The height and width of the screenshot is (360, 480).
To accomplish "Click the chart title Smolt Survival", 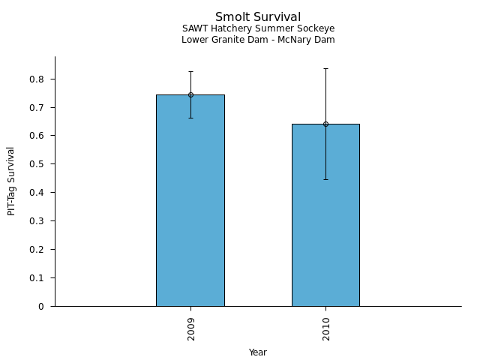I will click(x=258, y=16).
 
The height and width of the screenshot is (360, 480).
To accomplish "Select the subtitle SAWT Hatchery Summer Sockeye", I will click(x=258, y=28).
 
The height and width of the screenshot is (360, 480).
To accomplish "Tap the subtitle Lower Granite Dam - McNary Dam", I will click(x=258, y=40).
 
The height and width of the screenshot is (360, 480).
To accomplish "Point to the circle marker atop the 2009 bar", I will click(x=190, y=94).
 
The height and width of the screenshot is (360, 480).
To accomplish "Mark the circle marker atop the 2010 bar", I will click(x=325, y=124).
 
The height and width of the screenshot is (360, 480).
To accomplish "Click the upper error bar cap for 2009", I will click(x=190, y=71).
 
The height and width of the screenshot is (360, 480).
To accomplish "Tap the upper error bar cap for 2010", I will click(x=325, y=68).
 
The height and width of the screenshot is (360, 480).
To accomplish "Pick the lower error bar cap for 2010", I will click(x=325, y=179).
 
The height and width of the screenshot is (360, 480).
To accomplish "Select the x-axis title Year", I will click(x=258, y=352).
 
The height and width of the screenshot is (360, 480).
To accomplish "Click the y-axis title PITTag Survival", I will click(x=11, y=181).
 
